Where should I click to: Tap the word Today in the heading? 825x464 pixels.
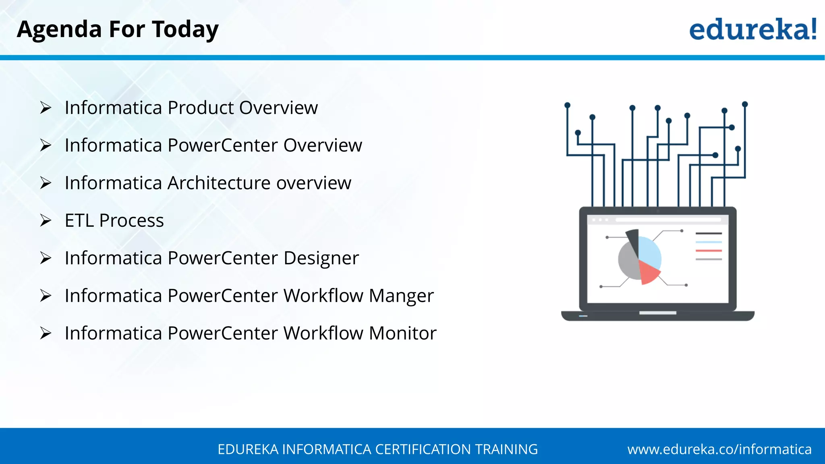(x=185, y=29)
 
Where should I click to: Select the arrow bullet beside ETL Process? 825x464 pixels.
(x=46, y=220)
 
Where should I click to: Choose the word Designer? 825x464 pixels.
(x=321, y=258)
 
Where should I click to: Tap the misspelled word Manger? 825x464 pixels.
(x=401, y=296)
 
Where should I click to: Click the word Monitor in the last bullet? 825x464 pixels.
(x=402, y=333)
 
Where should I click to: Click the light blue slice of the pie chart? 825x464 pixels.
(x=649, y=252)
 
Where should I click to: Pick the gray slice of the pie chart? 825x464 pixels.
(x=628, y=262)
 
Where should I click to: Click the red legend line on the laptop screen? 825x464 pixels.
(x=709, y=251)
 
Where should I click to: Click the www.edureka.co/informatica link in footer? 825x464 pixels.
(x=719, y=449)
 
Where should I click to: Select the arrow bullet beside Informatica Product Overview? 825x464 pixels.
(x=46, y=108)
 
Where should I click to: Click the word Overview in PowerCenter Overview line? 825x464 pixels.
(x=322, y=145)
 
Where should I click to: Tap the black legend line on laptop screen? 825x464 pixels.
(x=709, y=233)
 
